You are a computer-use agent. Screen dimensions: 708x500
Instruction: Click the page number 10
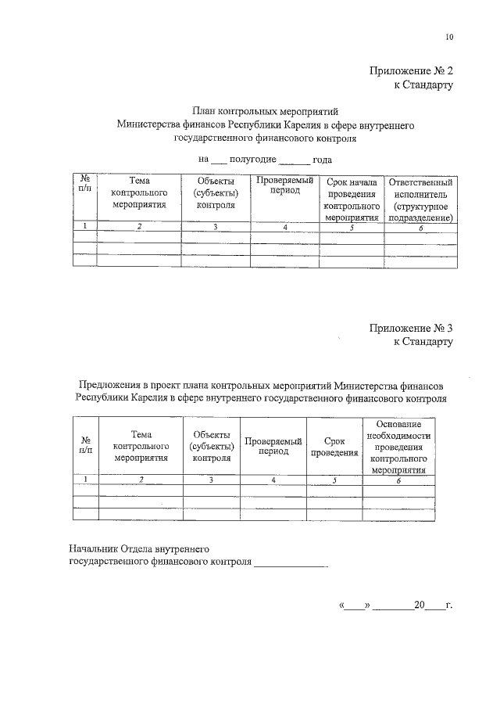click(x=448, y=37)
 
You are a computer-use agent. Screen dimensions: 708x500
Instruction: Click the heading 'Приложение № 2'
click(x=411, y=71)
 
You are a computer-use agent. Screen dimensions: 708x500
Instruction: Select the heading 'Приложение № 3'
click(x=411, y=329)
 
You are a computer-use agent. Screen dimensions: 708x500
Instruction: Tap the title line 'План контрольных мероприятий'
click(x=265, y=112)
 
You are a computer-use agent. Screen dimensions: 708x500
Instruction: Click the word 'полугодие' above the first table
click(x=252, y=159)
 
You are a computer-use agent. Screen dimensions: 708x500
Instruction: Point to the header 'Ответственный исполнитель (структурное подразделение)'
click(x=420, y=199)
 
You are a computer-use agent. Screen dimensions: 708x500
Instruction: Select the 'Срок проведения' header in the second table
click(x=334, y=447)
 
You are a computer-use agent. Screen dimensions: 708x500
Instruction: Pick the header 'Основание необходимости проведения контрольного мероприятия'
click(x=398, y=447)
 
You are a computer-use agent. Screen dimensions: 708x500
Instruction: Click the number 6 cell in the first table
click(x=420, y=227)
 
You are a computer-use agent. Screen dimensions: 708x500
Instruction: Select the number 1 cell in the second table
click(x=85, y=479)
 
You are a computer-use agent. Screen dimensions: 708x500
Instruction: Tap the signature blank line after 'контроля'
click(x=291, y=563)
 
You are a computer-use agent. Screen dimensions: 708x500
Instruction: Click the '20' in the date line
click(x=420, y=605)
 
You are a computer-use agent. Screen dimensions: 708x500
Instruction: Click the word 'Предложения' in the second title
click(x=112, y=385)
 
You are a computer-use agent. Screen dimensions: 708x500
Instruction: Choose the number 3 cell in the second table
click(x=211, y=479)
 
